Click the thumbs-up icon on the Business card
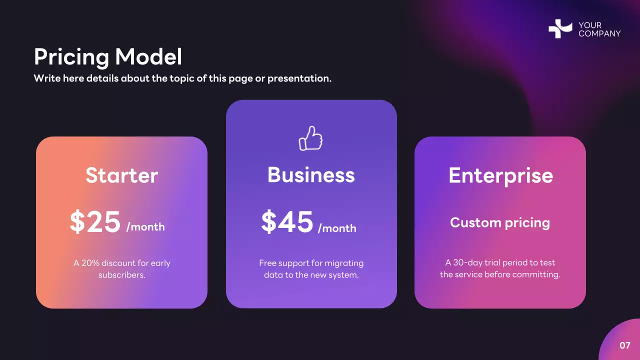click(x=311, y=138)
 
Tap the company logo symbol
click(x=560, y=29)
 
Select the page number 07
click(x=625, y=345)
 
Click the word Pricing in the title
click(x=71, y=57)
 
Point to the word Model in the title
click(x=148, y=57)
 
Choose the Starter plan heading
click(x=121, y=175)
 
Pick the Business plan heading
click(x=311, y=175)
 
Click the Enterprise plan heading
click(x=500, y=175)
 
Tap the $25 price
click(x=95, y=222)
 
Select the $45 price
click(x=287, y=222)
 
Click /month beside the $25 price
click(x=145, y=227)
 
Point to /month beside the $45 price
click(x=337, y=228)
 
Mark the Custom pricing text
click(x=500, y=222)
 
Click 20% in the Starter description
click(x=91, y=263)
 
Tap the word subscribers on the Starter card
click(x=121, y=275)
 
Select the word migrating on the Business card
click(x=344, y=263)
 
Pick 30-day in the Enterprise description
click(x=467, y=262)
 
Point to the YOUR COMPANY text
click(x=599, y=29)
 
